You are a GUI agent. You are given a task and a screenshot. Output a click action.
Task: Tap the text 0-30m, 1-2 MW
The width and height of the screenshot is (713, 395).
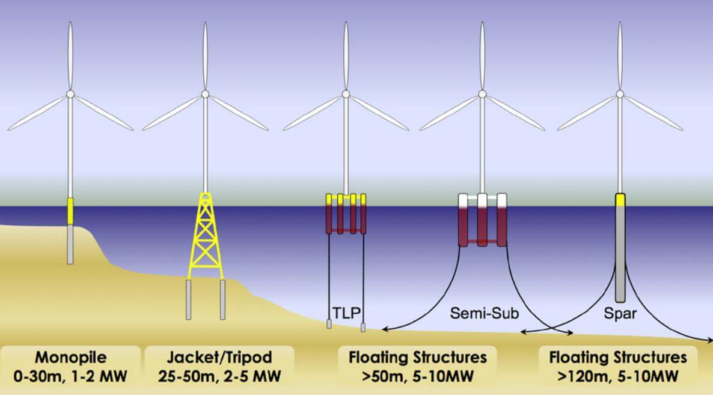coord(68,377)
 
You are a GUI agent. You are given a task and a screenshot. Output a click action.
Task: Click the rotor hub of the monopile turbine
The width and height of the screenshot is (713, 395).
coord(70,95)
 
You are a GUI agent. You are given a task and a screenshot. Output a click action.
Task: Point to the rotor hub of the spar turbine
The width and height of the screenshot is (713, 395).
coord(620,95)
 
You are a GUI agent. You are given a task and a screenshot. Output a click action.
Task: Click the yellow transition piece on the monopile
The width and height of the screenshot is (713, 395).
coord(70,210)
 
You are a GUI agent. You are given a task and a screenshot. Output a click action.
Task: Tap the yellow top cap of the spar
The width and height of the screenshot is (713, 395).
coord(620,200)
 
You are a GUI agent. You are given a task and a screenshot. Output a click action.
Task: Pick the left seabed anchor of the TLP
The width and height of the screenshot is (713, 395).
coord(329,324)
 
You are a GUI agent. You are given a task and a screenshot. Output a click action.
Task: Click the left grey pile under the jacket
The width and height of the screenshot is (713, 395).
coord(189,299)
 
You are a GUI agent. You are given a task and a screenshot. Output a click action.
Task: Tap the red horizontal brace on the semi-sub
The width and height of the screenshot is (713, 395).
coord(482,242)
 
